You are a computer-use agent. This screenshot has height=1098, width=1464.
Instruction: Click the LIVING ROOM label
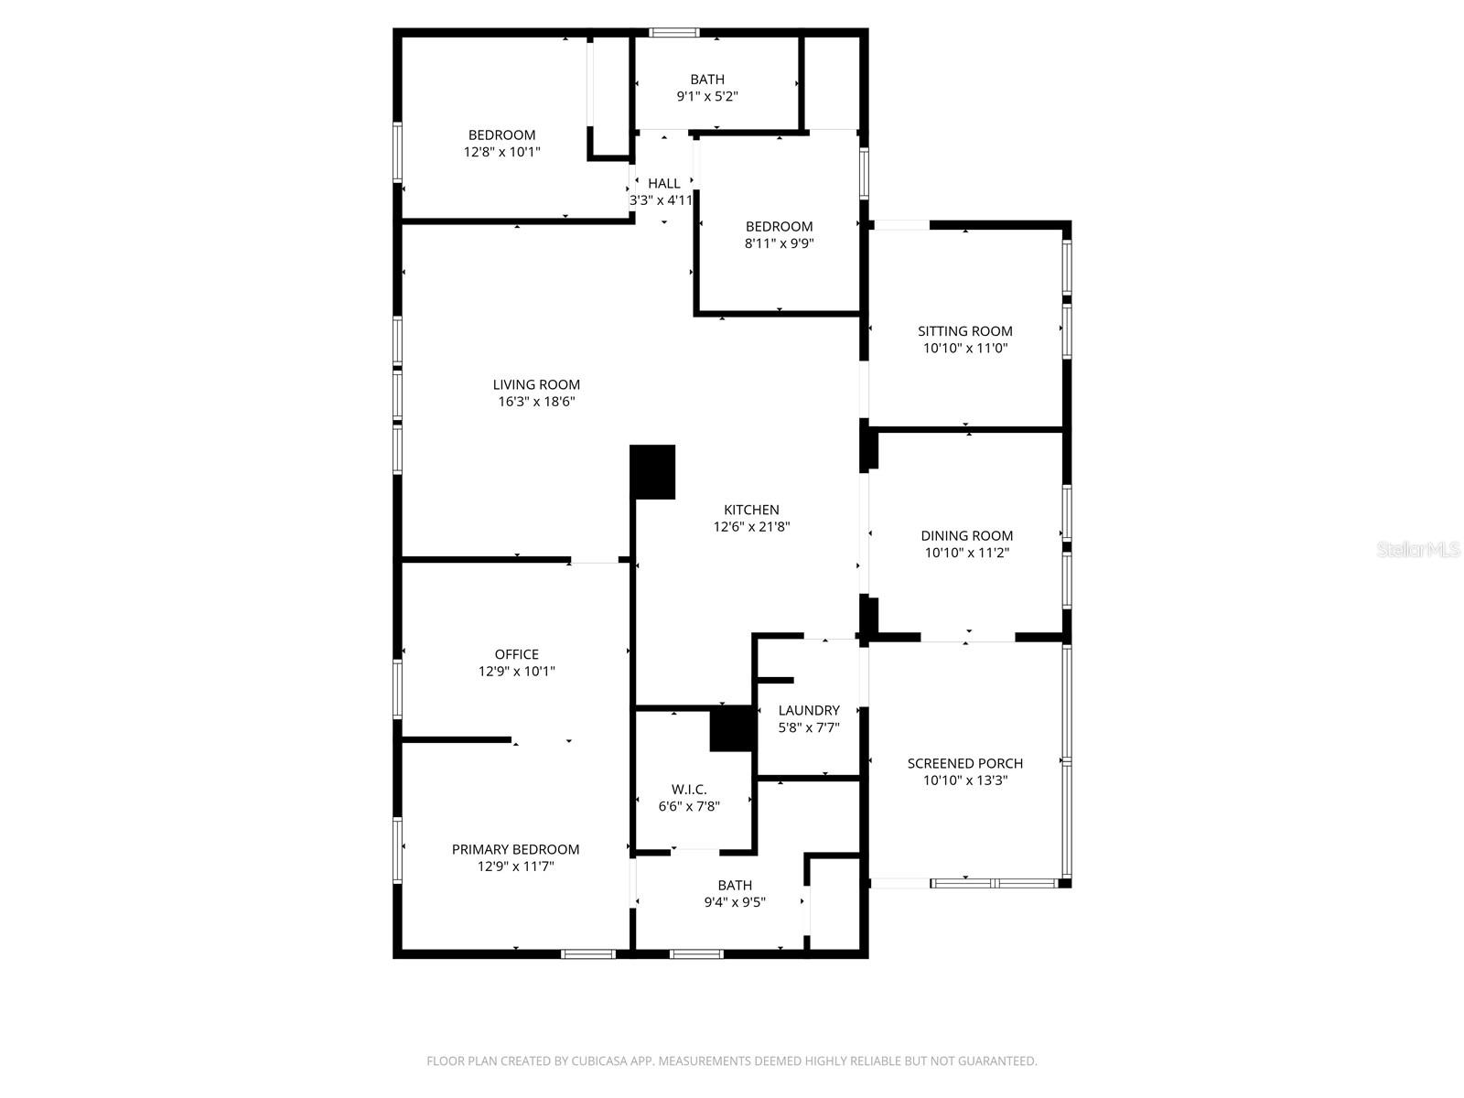[x=536, y=384]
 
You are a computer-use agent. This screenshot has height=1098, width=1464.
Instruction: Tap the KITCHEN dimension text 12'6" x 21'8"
[x=751, y=527]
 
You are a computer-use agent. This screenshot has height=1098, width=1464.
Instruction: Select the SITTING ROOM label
[x=965, y=331]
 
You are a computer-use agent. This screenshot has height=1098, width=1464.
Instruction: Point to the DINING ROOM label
[x=966, y=536]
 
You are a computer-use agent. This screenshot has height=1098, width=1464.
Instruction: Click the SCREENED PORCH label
[x=964, y=763]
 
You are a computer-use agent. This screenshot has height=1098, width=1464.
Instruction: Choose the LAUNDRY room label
[x=809, y=710]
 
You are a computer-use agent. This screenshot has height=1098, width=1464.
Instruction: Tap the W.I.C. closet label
[x=689, y=790]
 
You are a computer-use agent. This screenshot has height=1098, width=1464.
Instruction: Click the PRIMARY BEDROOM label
[x=515, y=849]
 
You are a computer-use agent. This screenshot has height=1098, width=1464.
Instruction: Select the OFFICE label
[x=517, y=654]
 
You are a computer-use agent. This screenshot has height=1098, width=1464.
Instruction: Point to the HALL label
[x=663, y=184]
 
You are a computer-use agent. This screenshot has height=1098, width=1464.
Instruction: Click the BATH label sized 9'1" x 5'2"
[x=707, y=80]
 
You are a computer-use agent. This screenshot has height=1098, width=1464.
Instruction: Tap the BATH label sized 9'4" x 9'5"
[x=735, y=885]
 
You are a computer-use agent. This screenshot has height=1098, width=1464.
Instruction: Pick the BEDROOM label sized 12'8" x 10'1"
[x=501, y=135]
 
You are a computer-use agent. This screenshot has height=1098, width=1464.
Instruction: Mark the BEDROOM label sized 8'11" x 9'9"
[x=779, y=227]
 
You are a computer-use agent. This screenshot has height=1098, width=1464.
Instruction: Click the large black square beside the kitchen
[x=653, y=472]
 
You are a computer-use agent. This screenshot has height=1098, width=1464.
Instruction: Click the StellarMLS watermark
[x=1418, y=549]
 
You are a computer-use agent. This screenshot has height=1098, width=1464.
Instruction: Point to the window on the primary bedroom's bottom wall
[x=587, y=953]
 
